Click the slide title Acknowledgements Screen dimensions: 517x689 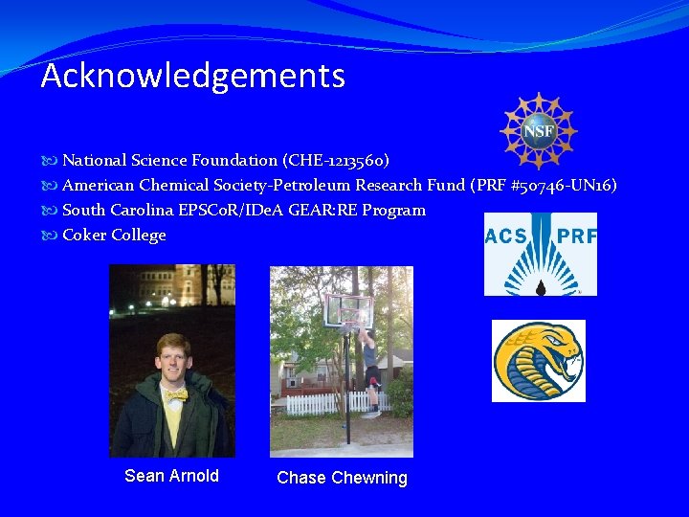192,76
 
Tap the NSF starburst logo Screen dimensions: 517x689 539,130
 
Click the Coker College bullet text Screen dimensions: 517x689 114,235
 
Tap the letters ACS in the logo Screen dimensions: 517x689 507,236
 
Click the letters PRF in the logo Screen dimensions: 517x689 576,236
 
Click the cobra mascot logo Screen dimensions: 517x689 538,361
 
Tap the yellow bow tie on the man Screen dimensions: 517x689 175,393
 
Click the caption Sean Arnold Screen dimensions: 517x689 171,476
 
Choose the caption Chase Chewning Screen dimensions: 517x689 342,478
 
